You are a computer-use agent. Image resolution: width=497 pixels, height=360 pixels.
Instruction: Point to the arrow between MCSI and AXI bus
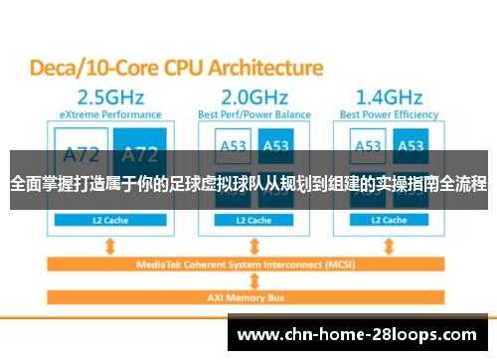pyautogui.click(x=254, y=281)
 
